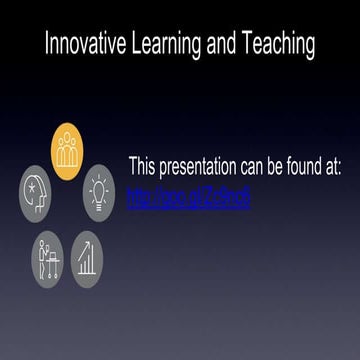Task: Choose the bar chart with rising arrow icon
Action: (x=87, y=253)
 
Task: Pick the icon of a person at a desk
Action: (x=48, y=253)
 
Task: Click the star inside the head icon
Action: (x=34, y=186)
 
